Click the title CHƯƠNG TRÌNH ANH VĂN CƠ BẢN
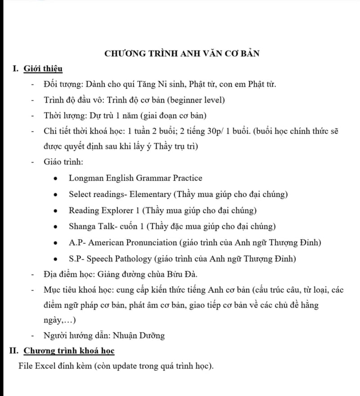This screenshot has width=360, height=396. pos(182,53)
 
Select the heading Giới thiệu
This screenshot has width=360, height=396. pos(43,69)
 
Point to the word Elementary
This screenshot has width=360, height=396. pos(152,194)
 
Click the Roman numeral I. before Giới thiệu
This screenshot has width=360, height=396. pos(16,69)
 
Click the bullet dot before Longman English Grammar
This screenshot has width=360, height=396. pos(55,178)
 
